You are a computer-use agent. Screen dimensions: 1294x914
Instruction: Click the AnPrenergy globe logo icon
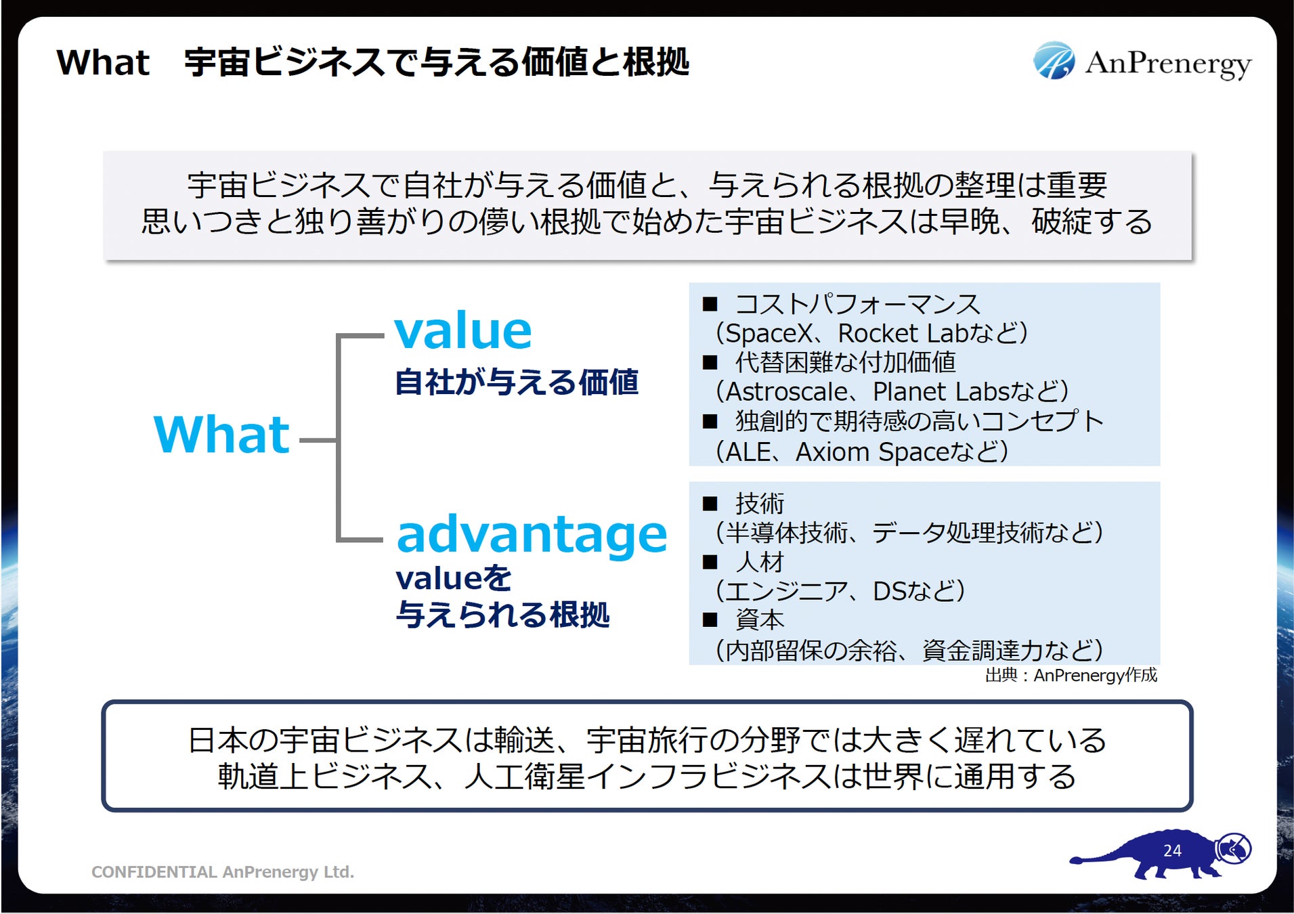pos(1053,61)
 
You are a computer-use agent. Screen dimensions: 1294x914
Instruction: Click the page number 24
pos(1172,850)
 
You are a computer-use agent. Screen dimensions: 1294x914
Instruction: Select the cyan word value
pos(463,331)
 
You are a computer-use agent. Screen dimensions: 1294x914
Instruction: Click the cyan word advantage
pos(532,534)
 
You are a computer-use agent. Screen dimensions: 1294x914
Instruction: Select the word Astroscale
pos(785,392)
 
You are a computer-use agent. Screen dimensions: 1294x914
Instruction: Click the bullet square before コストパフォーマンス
pos(710,304)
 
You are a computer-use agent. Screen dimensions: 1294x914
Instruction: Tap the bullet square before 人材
pos(710,562)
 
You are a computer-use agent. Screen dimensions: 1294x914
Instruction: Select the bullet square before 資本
pos(710,620)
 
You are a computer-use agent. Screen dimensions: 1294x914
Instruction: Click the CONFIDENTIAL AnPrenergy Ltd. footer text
pos(223,872)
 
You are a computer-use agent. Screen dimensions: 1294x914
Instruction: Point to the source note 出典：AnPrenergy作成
pos(1071,675)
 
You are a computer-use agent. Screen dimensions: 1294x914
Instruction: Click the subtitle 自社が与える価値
pos(516,382)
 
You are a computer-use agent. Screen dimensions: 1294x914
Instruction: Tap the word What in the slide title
pos(103,63)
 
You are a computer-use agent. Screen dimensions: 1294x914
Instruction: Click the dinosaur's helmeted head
pos(1233,848)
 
